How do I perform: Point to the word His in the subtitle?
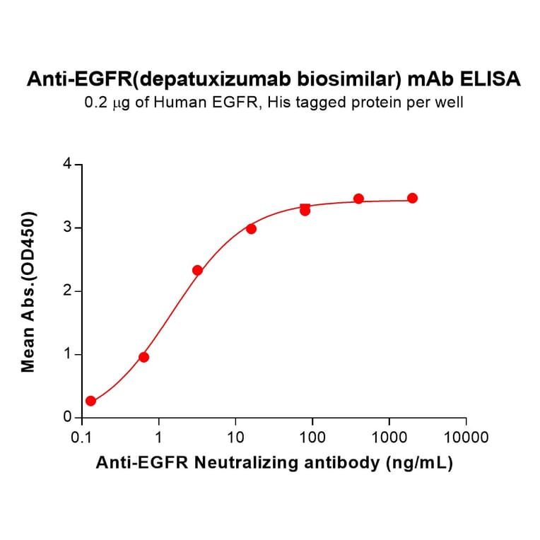pos(292,102)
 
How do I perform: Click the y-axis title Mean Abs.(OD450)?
pos(29,291)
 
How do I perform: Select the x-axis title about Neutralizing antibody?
pos(274,463)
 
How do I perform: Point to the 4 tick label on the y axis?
pos(68,164)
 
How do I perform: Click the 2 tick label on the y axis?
pos(68,291)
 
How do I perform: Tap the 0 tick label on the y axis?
pos(68,418)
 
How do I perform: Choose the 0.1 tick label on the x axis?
pos(82,437)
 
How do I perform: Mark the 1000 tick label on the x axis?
pos(389,437)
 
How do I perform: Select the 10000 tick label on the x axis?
pos(466,437)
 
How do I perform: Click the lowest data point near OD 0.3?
pos(90,401)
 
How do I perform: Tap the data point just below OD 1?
pos(143,357)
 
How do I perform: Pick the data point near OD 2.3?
pos(197,270)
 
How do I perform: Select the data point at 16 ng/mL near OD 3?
pos(251,229)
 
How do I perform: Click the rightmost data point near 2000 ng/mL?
pos(412,198)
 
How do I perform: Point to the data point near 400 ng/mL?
pos(358,199)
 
